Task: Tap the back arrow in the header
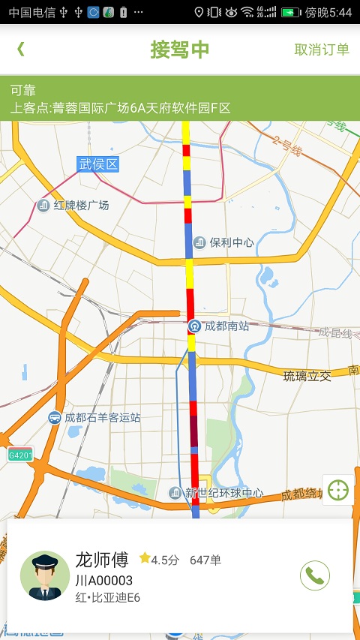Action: click(21, 50)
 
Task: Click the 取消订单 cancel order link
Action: click(322, 50)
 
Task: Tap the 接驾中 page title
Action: click(180, 50)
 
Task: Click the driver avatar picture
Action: click(45, 575)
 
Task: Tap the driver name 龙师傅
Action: click(102, 559)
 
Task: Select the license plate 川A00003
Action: click(104, 580)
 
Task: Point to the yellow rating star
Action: click(145, 559)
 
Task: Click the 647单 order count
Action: click(205, 560)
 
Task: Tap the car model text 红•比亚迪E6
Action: click(108, 598)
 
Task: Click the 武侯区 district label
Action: click(99, 164)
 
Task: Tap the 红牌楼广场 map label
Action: click(81, 205)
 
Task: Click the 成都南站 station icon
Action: click(194, 326)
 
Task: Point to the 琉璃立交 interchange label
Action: click(307, 375)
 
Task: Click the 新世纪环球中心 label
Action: click(224, 493)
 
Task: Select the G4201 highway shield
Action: click(20, 455)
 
